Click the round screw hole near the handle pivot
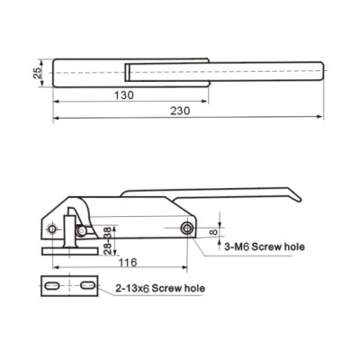pyautogui.click(x=186, y=229)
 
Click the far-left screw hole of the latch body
pyautogui.click(x=81, y=231)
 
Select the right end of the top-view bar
pyautogui.click(x=317, y=71)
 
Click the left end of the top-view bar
pyautogui.click(x=56, y=71)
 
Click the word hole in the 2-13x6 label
pyautogui.click(x=194, y=288)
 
